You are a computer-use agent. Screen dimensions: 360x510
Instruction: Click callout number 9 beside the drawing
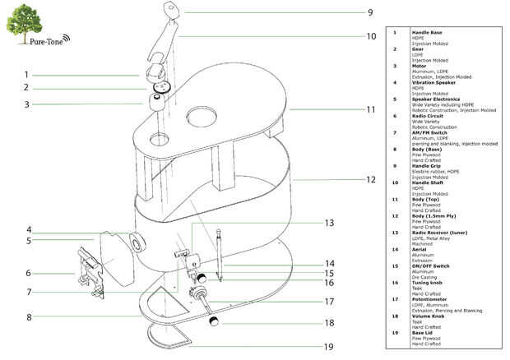(x=370, y=12)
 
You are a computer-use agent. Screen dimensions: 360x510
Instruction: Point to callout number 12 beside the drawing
(x=370, y=179)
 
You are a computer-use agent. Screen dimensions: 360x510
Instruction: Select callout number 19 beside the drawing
(x=329, y=346)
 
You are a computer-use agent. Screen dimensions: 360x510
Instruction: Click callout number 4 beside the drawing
(x=28, y=230)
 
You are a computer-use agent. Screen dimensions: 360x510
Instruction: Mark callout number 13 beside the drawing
(x=329, y=223)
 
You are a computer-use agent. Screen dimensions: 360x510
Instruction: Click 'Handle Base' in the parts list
(x=426, y=32)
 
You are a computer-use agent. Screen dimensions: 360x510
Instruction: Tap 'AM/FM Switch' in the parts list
(x=428, y=133)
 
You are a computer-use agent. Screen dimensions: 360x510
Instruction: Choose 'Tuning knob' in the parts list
(x=427, y=282)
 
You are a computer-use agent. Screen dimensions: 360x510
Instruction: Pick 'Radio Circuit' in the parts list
(x=428, y=116)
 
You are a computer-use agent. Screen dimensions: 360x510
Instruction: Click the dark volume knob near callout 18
(x=212, y=319)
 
